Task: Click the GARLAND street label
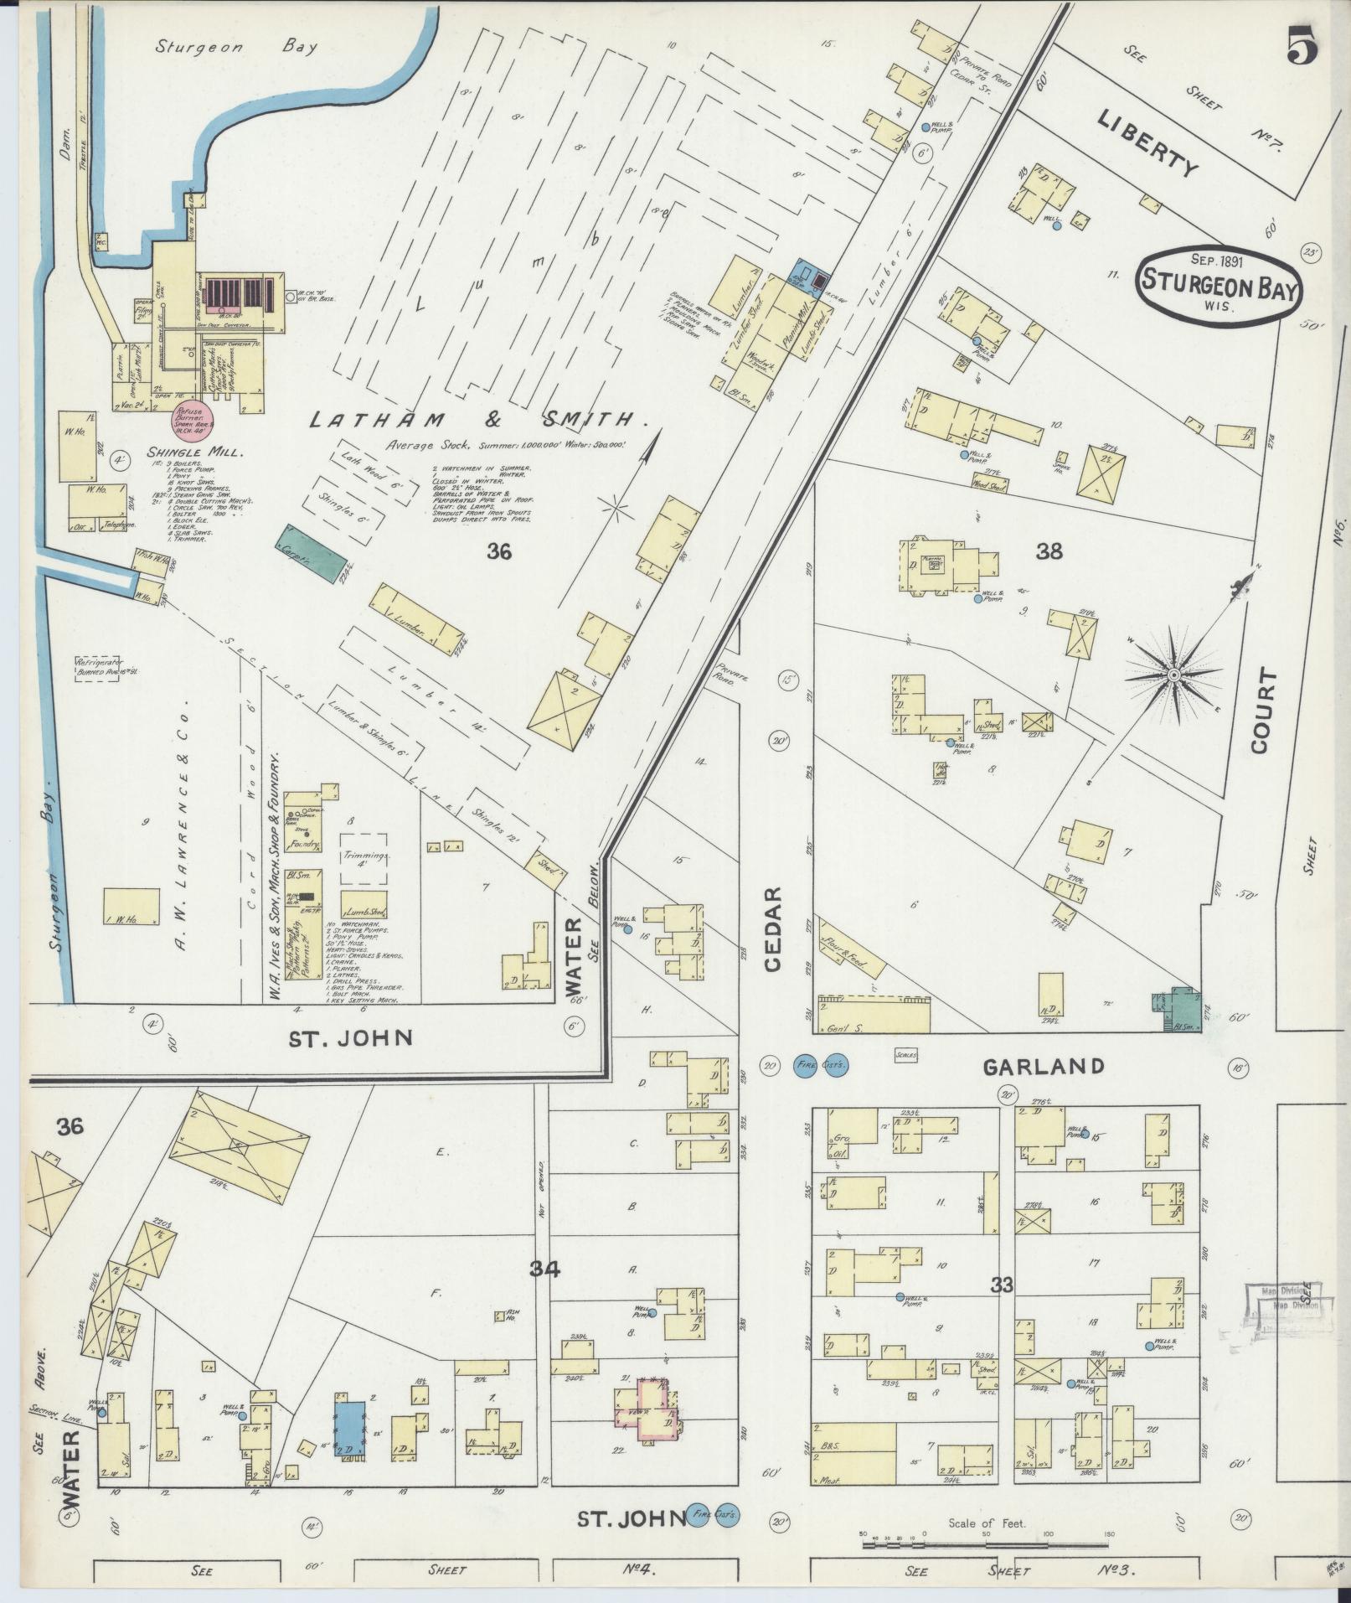click(x=1043, y=1066)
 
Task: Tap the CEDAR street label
click(x=771, y=929)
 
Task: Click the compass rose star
click(x=1173, y=675)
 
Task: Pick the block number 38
click(x=1049, y=551)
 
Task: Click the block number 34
click(x=544, y=1269)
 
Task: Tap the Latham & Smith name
click(x=469, y=421)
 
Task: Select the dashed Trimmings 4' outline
click(x=364, y=858)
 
